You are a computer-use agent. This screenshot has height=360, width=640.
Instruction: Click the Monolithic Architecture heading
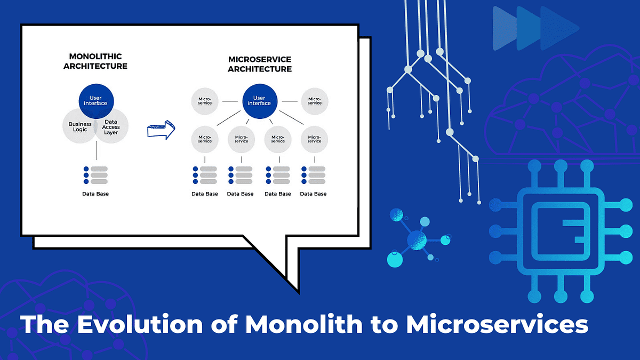coord(95,61)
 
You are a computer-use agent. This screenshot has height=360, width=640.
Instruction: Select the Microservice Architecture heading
coord(260,65)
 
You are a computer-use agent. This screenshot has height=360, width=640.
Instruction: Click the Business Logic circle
coord(80,126)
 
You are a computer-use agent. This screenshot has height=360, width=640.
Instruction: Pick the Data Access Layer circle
coord(111,126)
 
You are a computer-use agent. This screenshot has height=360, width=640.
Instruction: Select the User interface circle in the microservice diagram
coord(260,100)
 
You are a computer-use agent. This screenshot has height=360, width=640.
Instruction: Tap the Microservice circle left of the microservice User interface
coord(205,100)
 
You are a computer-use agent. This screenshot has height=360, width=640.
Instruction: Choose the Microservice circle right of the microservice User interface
coord(315,100)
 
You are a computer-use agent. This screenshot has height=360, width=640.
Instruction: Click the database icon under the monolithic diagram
coord(96,175)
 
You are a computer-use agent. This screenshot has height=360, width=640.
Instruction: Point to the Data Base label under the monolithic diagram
coord(95,194)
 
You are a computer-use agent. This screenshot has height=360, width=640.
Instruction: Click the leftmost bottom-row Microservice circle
coord(205,139)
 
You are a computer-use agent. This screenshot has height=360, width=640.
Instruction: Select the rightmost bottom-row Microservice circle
coord(315,139)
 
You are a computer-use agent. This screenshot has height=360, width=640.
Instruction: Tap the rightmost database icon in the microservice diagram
coord(314,175)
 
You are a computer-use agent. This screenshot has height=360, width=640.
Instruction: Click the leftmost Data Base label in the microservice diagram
coord(205,194)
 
